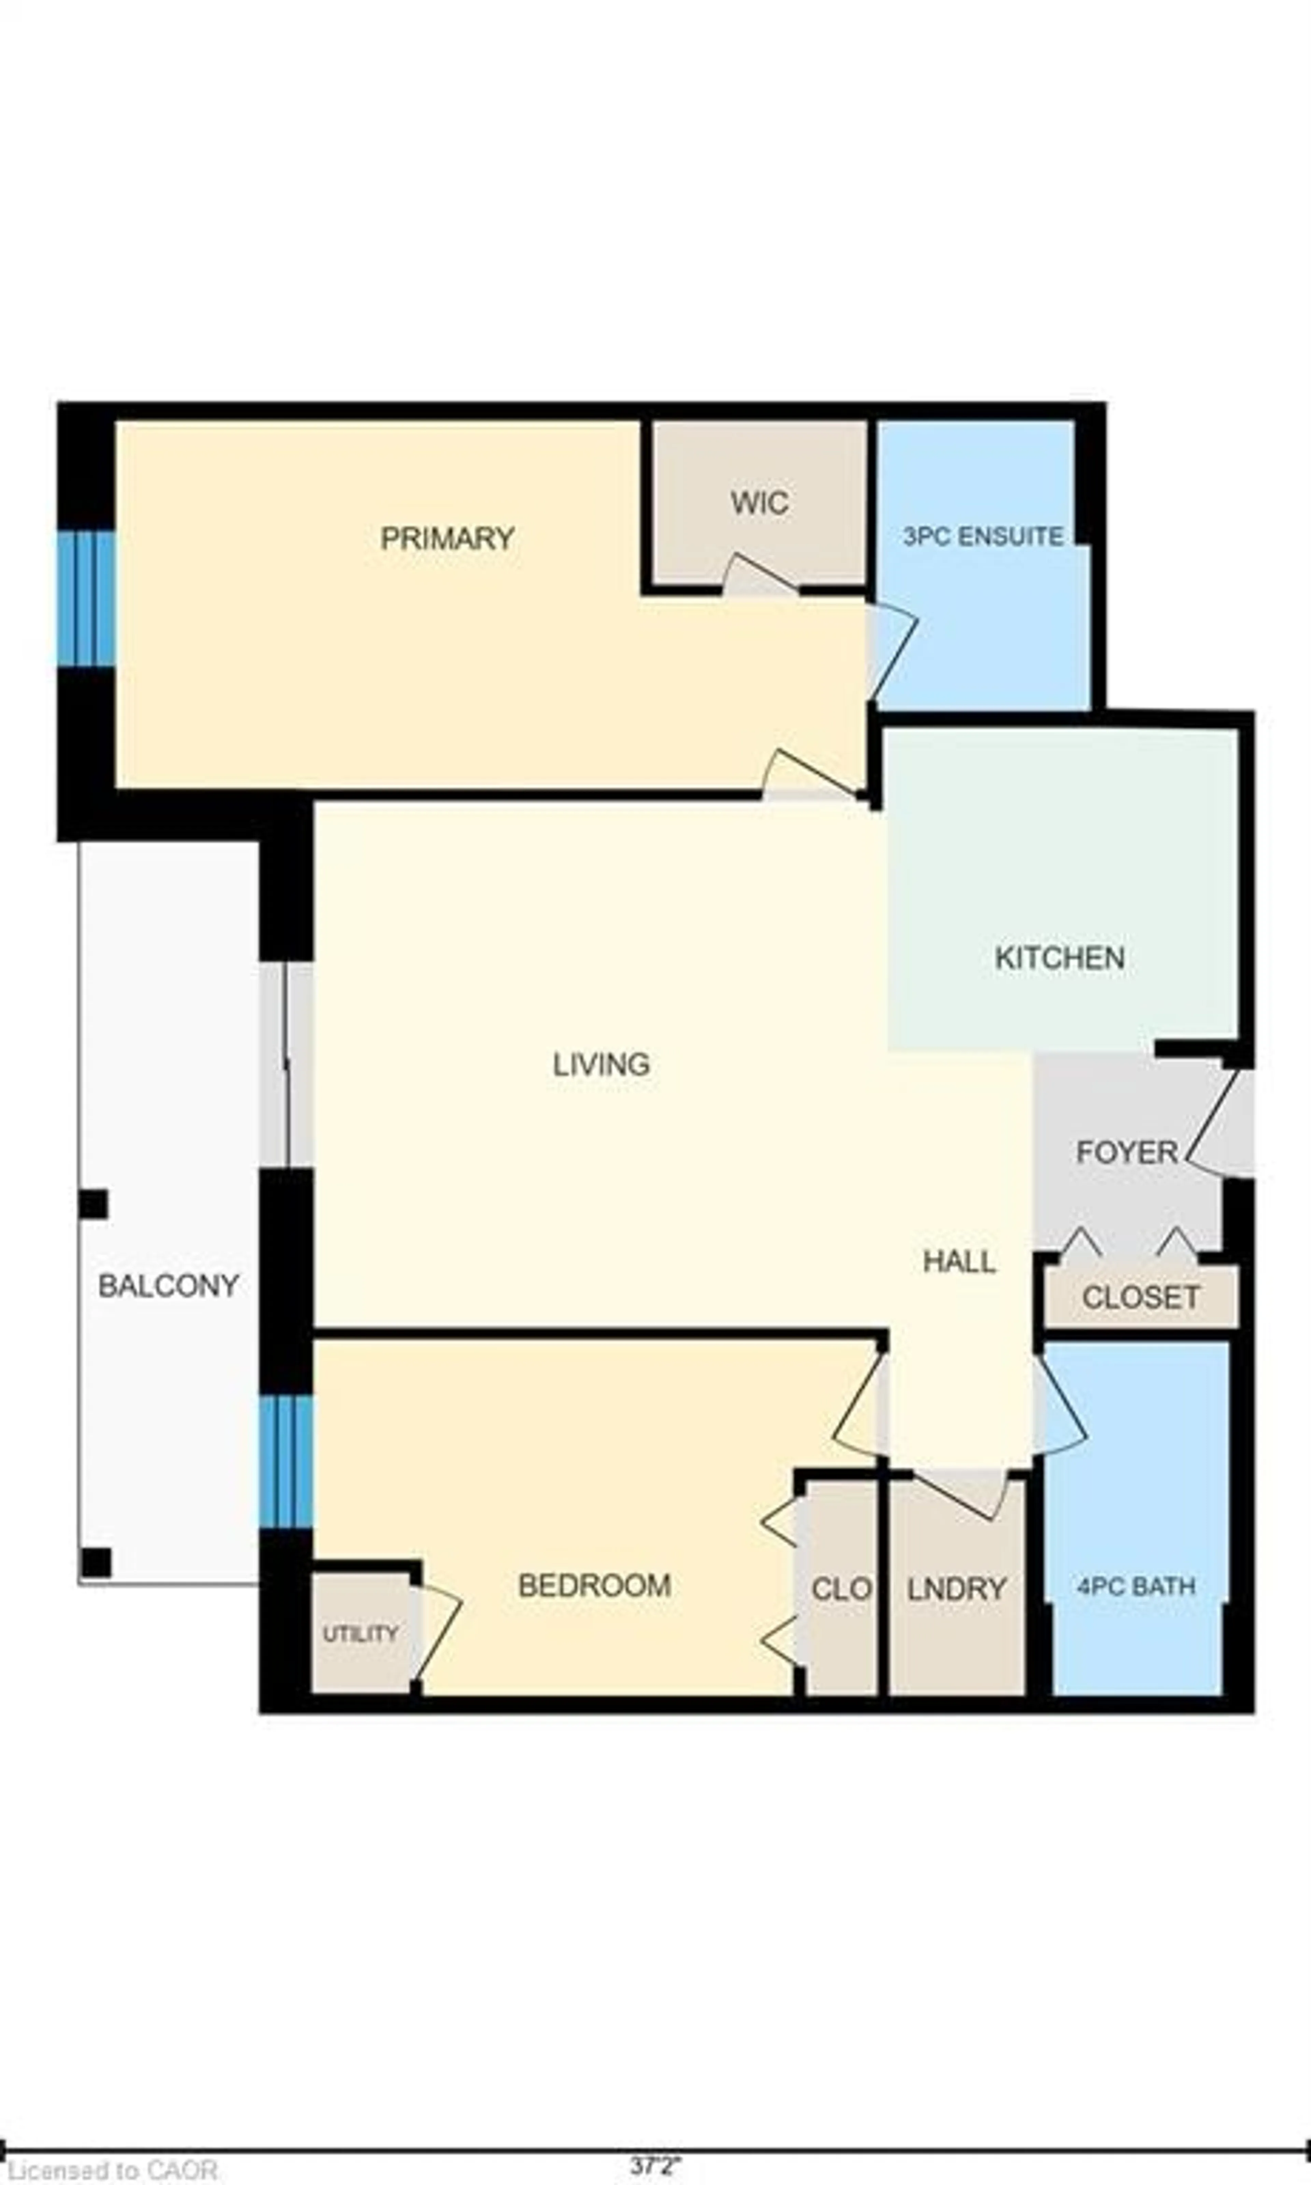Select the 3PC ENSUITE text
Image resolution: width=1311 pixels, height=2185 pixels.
(982, 536)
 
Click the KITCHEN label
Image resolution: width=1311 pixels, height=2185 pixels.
(1059, 958)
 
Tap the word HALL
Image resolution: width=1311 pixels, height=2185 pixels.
(959, 1262)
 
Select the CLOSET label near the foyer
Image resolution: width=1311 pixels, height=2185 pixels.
(1141, 1298)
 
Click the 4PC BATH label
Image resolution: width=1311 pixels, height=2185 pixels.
(1136, 1586)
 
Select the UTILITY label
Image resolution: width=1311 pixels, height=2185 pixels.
(360, 1634)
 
